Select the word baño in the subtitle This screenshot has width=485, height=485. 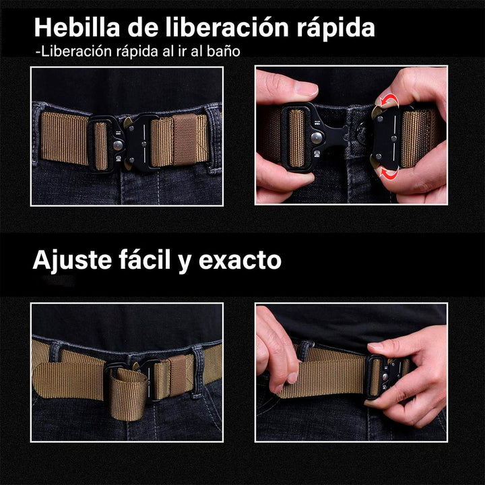pyautogui.click(x=222, y=51)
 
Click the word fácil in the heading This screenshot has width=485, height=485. pyautogui.click(x=148, y=259)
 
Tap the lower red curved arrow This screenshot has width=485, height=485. pyautogui.click(x=389, y=173)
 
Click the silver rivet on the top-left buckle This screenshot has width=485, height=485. pyautogui.click(x=145, y=141)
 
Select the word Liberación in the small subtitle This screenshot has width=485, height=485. pyautogui.click(x=67, y=51)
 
